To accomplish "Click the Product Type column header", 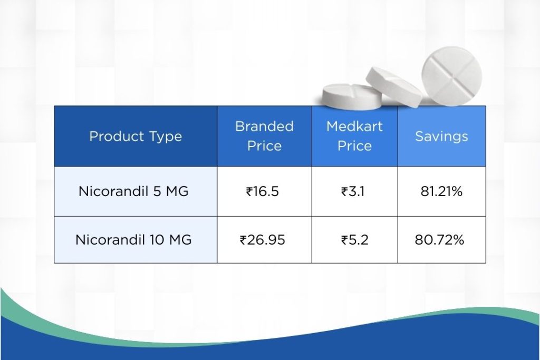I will click(x=136, y=137).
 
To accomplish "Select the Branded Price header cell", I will click(x=264, y=137).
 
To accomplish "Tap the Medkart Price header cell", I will click(x=354, y=137).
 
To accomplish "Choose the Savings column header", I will click(x=441, y=137).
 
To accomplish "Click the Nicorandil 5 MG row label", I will click(x=133, y=191).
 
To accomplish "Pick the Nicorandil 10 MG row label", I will click(x=133, y=240).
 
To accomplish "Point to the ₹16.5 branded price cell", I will click(x=262, y=191).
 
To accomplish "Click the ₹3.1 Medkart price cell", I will click(x=353, y=191).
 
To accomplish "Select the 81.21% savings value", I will click(x=441, y=191).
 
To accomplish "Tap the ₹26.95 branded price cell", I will click(x=262, y=240).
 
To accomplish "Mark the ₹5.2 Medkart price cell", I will click(x=354, y=240).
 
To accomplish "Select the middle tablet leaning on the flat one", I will click(x=394, y=85).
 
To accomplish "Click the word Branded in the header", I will click(x=264, y=127).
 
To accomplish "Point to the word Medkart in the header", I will click(x=354, y=127).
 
